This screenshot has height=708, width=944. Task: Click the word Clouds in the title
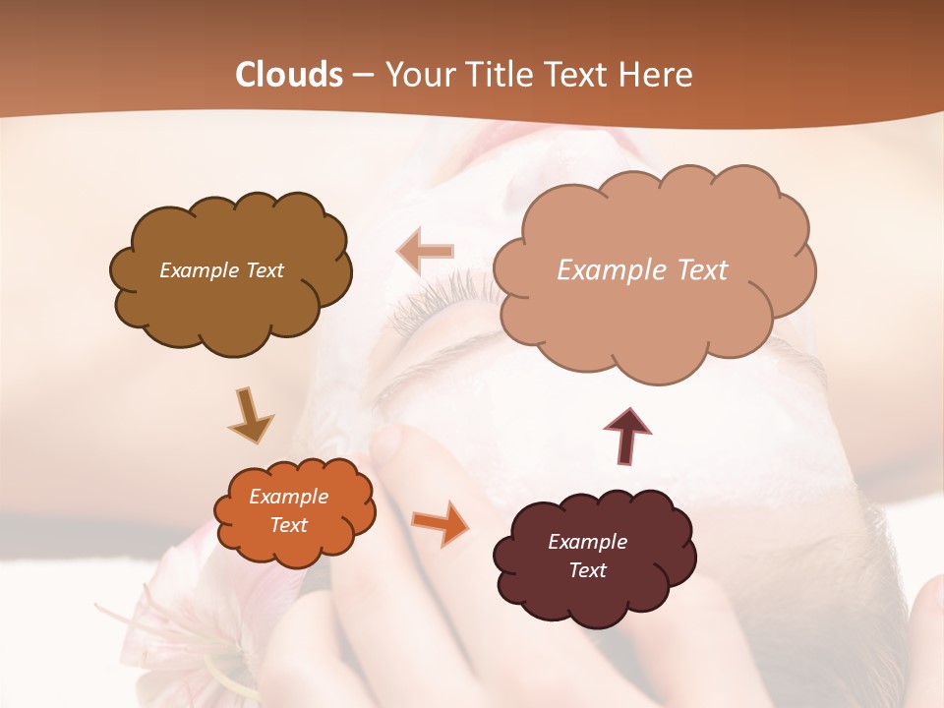click(x=289, y=75)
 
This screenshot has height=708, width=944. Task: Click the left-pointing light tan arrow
click(x=424, y=252)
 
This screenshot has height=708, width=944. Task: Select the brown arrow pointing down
click(x=251, y=415)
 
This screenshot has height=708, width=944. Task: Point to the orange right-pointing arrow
click(x=440, y=522)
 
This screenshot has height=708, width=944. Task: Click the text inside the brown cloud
click(x=221, y=270)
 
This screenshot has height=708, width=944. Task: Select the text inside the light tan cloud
click(x=642, y=270)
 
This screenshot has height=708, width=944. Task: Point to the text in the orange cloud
click(x=288, y=510)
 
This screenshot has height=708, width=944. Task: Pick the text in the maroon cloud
click(x=587, y=556)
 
